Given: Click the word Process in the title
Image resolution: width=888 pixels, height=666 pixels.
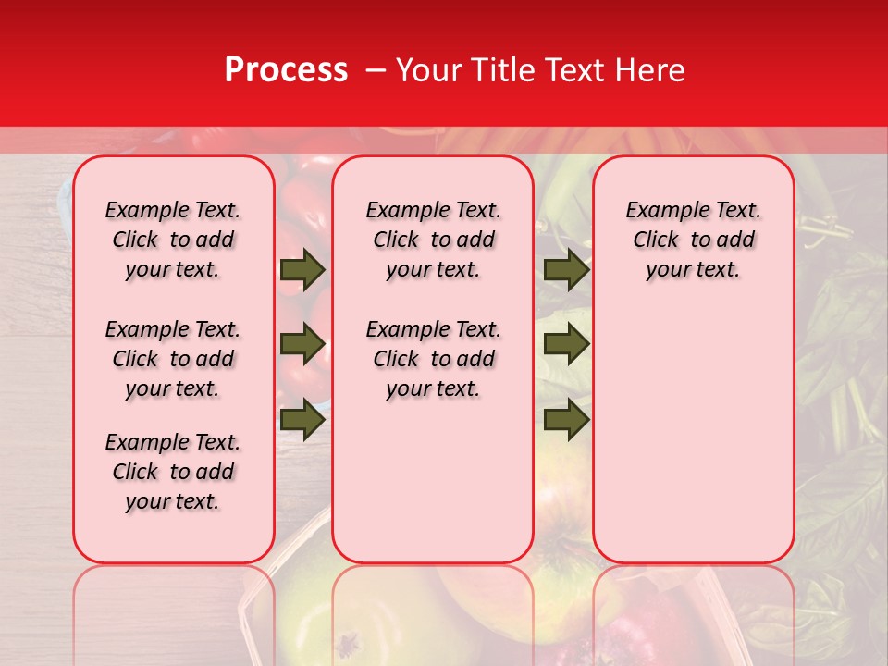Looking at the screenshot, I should tap(286, 70).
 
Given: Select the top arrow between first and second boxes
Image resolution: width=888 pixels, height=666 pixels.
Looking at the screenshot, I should tap(302, 270).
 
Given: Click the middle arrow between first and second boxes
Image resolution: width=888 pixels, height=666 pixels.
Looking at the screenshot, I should tap(302, 345).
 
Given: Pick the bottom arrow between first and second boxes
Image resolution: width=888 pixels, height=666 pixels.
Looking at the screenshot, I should tap(302, 420).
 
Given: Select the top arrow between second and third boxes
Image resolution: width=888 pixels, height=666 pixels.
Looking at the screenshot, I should tap(566, 270).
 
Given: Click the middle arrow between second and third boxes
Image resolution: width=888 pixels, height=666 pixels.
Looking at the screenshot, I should tap(566, 345).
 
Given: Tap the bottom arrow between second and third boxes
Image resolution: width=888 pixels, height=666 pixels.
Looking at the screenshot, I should tap(566, 420).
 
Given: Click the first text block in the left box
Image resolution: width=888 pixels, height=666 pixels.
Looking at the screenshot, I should tap(173, 240).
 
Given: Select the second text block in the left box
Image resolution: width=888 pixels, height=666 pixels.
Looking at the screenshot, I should tap(173, 359).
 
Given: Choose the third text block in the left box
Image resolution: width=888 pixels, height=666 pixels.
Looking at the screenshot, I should tap(173, 472).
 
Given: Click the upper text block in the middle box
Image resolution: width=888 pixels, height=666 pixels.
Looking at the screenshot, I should tap(433, 240).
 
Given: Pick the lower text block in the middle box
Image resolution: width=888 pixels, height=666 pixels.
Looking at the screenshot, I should tap(433, 359).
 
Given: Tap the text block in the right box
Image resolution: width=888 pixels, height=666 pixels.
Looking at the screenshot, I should tap(693, 240).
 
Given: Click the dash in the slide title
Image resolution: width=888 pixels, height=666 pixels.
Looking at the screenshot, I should tap(376, 70).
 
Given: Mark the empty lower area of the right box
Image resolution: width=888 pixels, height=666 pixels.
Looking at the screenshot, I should tap(693, 435).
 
